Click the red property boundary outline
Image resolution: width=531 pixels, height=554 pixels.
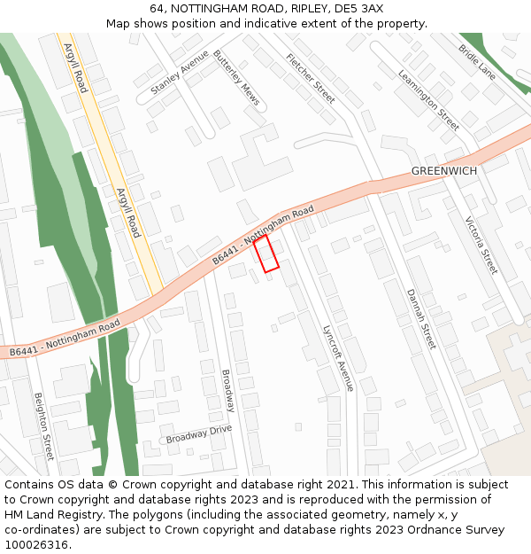[266, 253]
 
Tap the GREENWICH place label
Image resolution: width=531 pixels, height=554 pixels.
[443, 171]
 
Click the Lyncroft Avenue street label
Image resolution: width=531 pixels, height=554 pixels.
[337, 356]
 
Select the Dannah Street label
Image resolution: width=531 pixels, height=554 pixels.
[421, 318]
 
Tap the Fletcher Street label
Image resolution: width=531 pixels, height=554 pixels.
[311, 78]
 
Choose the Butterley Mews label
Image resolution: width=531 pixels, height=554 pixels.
[236, 77]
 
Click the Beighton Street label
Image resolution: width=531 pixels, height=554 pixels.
[44, 426]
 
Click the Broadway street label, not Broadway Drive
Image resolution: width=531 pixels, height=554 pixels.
[227, 390]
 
